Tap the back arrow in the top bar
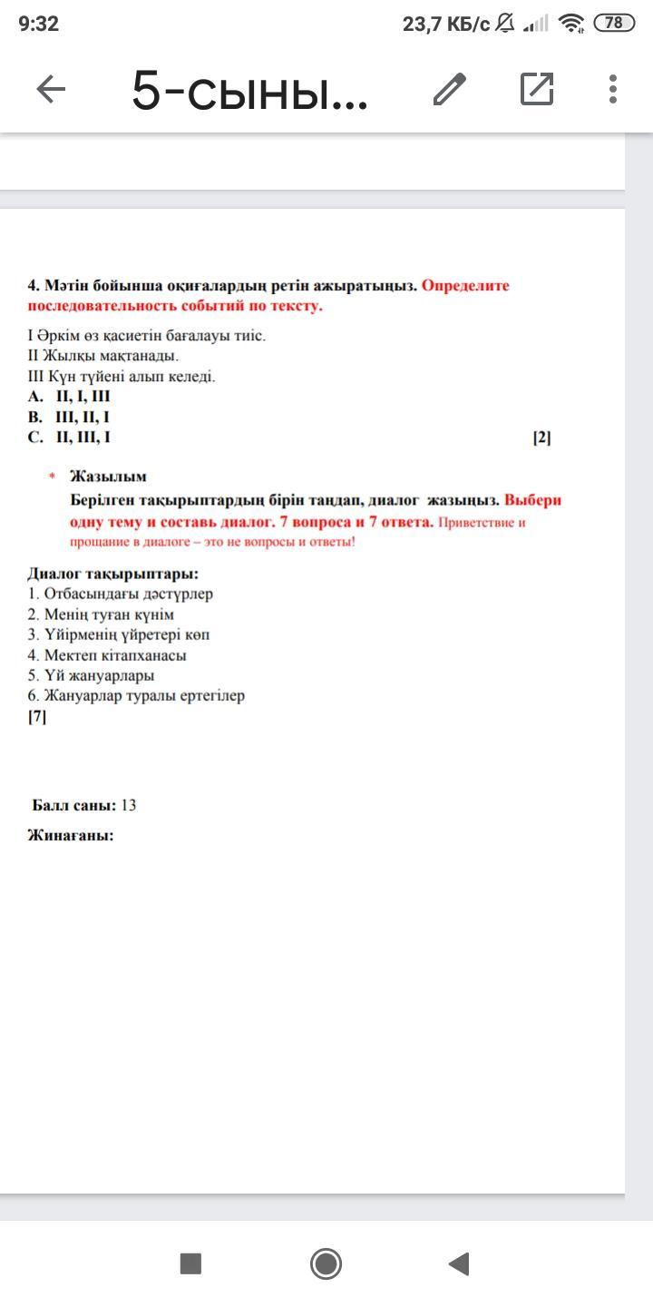(51, 89)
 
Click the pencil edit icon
(450, 89)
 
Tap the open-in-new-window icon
(537, 89)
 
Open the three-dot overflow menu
(613, 89)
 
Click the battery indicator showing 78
(614, 24)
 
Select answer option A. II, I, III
(70, 397)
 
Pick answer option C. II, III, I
(70, 437)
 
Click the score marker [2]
(541, 437)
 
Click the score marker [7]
(37, 716)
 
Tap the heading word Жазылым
(108, 477)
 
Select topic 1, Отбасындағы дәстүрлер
(121, 594)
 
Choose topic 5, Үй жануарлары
(91, 675)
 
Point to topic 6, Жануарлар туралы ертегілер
(136, 696)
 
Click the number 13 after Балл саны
(128, 805)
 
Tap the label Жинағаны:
(71, 836)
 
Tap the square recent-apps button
(190, 1263)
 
